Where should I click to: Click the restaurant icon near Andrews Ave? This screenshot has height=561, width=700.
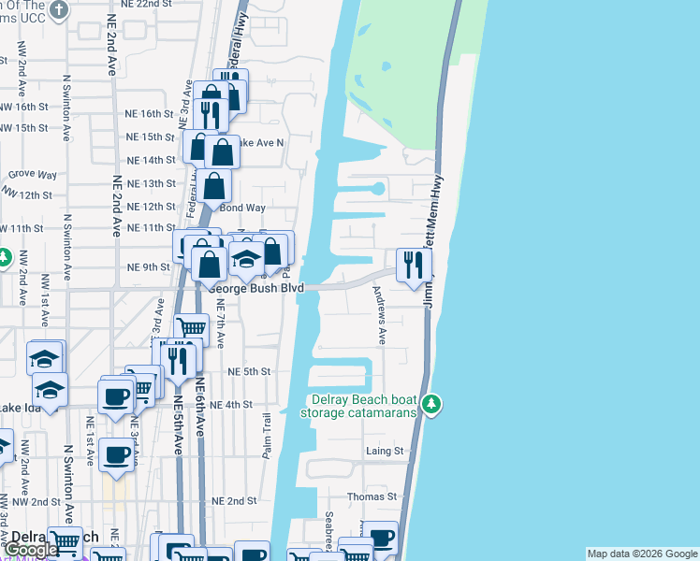(x=413, y=265)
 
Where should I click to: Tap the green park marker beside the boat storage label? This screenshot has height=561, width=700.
(x=430, y=404)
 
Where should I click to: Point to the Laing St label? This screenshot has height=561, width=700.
(x=384, y=451)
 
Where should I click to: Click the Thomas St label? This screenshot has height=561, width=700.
(x=372, y=496)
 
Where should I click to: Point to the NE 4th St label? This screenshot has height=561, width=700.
(x=232, y=405)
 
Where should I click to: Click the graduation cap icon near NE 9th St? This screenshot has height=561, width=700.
(x=246, y=259)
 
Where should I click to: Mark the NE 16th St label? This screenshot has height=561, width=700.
(x=151, y=113)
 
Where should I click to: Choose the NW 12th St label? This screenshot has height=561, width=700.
(x=27, y=194)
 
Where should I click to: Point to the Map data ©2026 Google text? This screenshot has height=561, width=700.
(x=642, y=554)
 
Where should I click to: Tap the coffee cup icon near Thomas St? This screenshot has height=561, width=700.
(x=381, y=538)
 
